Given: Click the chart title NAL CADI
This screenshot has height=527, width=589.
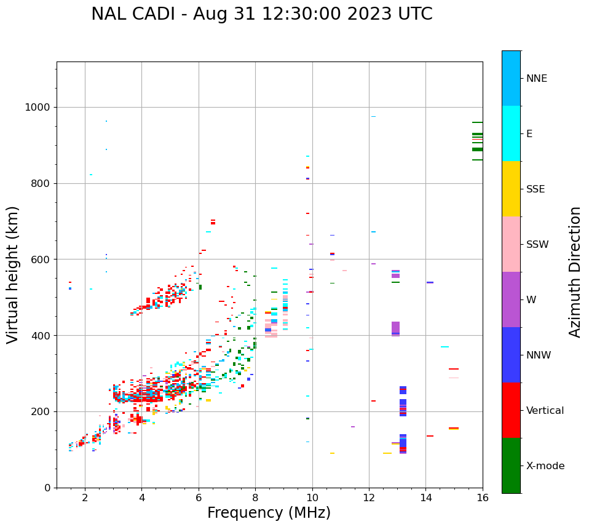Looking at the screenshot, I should (x=261, y=14).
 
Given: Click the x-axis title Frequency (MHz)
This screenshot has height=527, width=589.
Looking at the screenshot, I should (x=269, y=513).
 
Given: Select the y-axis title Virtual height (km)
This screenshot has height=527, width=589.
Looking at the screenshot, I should (x=13, y=274).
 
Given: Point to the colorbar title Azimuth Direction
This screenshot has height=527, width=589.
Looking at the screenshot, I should (x=575, y=272).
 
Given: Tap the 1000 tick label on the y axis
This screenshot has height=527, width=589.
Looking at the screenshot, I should (x=37, y=107).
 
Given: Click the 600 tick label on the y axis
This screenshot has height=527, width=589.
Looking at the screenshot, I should (x=40, y=260).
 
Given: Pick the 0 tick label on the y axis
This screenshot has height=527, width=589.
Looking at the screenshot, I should (x=47, y=488).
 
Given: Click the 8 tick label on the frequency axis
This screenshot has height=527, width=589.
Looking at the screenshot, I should (x=255, y=498).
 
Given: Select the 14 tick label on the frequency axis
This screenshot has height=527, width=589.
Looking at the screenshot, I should (x=425, y=498).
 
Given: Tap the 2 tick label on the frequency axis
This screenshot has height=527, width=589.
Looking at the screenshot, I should (x=85, y=498).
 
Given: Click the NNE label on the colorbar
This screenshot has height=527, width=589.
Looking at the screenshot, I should (x=536, y=79).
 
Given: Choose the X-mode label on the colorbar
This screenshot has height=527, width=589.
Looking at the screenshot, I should (x=545, y=466).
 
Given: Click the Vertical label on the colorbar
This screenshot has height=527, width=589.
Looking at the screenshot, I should (x=545, y=411).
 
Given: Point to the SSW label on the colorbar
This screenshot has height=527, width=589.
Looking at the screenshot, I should (x=537, y=245).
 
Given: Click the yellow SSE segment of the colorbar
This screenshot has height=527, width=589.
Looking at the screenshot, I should (x=511, y=189).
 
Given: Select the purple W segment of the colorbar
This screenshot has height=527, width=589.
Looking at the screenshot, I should (x=511, y=299).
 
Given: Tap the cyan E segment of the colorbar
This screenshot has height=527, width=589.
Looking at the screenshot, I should (x=511, y=133).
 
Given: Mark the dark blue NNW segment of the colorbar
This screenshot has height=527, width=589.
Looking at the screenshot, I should (x=511, y=355).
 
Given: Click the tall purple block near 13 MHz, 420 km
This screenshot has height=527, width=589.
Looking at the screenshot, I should (x=395, y=328).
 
